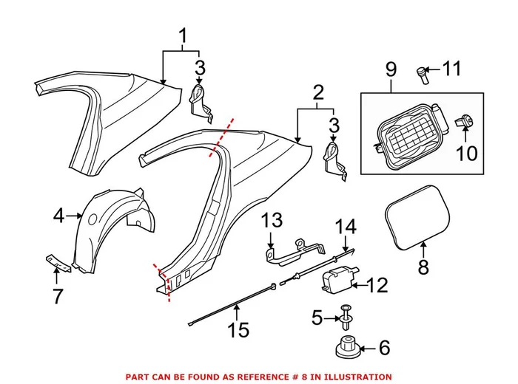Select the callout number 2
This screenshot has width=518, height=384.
[x=318, y=93]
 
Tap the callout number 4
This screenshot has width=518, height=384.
[x=59, y=216]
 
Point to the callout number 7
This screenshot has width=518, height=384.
[x=57, y=296]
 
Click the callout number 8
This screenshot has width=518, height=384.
[x=423, y=267]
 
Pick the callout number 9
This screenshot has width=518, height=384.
[x=391, y=70]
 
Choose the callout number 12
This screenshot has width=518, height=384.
[x=377, y=284]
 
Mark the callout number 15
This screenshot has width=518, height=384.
[x=238, y=329]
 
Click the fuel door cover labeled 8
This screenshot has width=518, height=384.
[x=417, y=216]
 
